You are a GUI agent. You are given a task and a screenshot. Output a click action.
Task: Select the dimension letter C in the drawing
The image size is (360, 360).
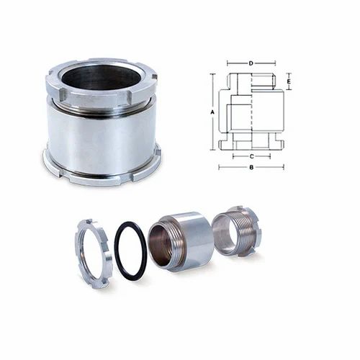click(x=250, y=155)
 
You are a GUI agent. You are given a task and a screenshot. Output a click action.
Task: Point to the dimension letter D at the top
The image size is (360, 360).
click(x=251, y=63)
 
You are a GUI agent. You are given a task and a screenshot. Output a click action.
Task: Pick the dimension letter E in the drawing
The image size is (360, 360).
click(x=289, y=82)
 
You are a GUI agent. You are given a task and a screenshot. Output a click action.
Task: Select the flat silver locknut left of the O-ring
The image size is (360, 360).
click(x=93, y=253)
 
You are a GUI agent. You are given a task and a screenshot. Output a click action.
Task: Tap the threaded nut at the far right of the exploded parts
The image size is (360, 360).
click(x=238, y=231)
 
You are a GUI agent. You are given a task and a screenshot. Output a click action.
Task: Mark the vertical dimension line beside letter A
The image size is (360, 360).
click(x=217, y=112)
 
